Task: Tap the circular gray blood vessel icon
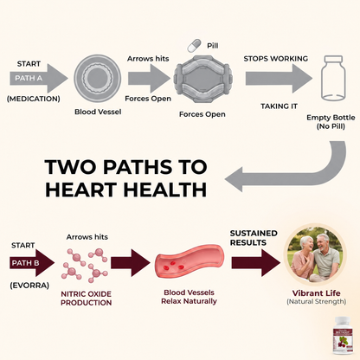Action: coord(98,78)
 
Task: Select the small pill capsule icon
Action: coord(194,46)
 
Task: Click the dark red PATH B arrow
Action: coord(32,263)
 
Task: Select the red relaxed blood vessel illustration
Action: coord(190,261)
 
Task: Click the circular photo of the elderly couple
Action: coord(316,254)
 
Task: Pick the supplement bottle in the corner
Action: coord(344,336)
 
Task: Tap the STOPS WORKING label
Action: coord(276,59)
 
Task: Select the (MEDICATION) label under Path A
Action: coord(34,99)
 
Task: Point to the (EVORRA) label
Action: coord(29,286)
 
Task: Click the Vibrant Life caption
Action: coord(316,293)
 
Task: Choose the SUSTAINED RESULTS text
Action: coord(254,238)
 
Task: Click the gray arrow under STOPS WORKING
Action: coord(279,78)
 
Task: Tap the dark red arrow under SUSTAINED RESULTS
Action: coord(256,263)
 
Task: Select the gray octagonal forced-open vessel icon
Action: coord(203,78)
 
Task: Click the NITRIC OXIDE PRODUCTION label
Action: coord(87,299)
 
